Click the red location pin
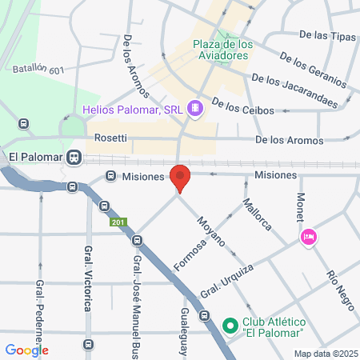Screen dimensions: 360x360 pos(181,178)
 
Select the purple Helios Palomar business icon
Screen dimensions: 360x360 pos(194,108)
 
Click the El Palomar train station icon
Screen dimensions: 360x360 pos(74,158)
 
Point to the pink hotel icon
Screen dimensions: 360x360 pos(308,237)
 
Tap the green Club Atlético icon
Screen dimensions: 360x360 pos(230,326)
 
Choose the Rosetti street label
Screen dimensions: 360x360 pos(110,138)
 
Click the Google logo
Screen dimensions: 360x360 pos(26,350)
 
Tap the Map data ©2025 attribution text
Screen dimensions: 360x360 pos(326,354)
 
